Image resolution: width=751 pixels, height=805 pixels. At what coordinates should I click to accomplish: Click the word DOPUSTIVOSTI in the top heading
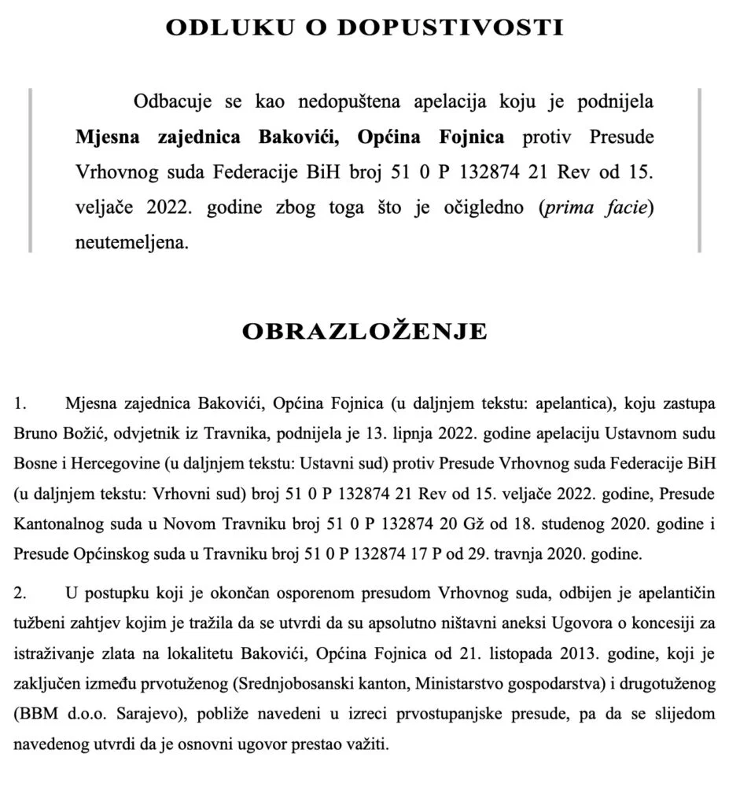coord(463,28)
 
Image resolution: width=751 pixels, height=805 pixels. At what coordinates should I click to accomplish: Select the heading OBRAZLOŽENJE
coord(364,331)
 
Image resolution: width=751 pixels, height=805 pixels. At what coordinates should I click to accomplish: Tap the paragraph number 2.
coord(21,590)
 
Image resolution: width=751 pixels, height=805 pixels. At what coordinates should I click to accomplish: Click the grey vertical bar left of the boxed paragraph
coord(31,171)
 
